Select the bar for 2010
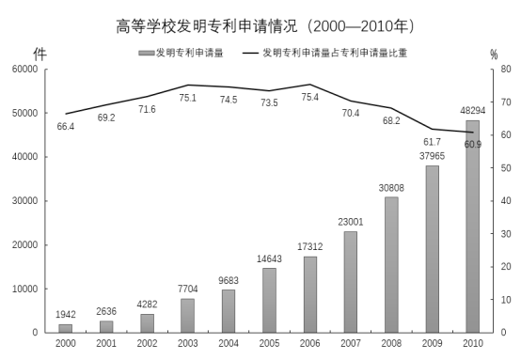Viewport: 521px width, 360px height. point(472,227)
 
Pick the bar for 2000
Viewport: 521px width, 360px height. point(65,328)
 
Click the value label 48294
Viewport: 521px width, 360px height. point(472,111)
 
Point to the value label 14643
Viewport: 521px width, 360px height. point(269,258)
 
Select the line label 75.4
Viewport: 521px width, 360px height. point(309,96)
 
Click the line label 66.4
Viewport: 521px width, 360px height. point(65,126)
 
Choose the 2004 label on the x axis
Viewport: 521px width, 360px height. point(229,344)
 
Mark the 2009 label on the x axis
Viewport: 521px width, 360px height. point(432,344)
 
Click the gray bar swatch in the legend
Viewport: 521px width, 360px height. point(146,54)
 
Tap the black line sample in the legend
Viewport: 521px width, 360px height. point(251,54)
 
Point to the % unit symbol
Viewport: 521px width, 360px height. point(493,55)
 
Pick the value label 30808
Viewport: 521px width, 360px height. point(391,187)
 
